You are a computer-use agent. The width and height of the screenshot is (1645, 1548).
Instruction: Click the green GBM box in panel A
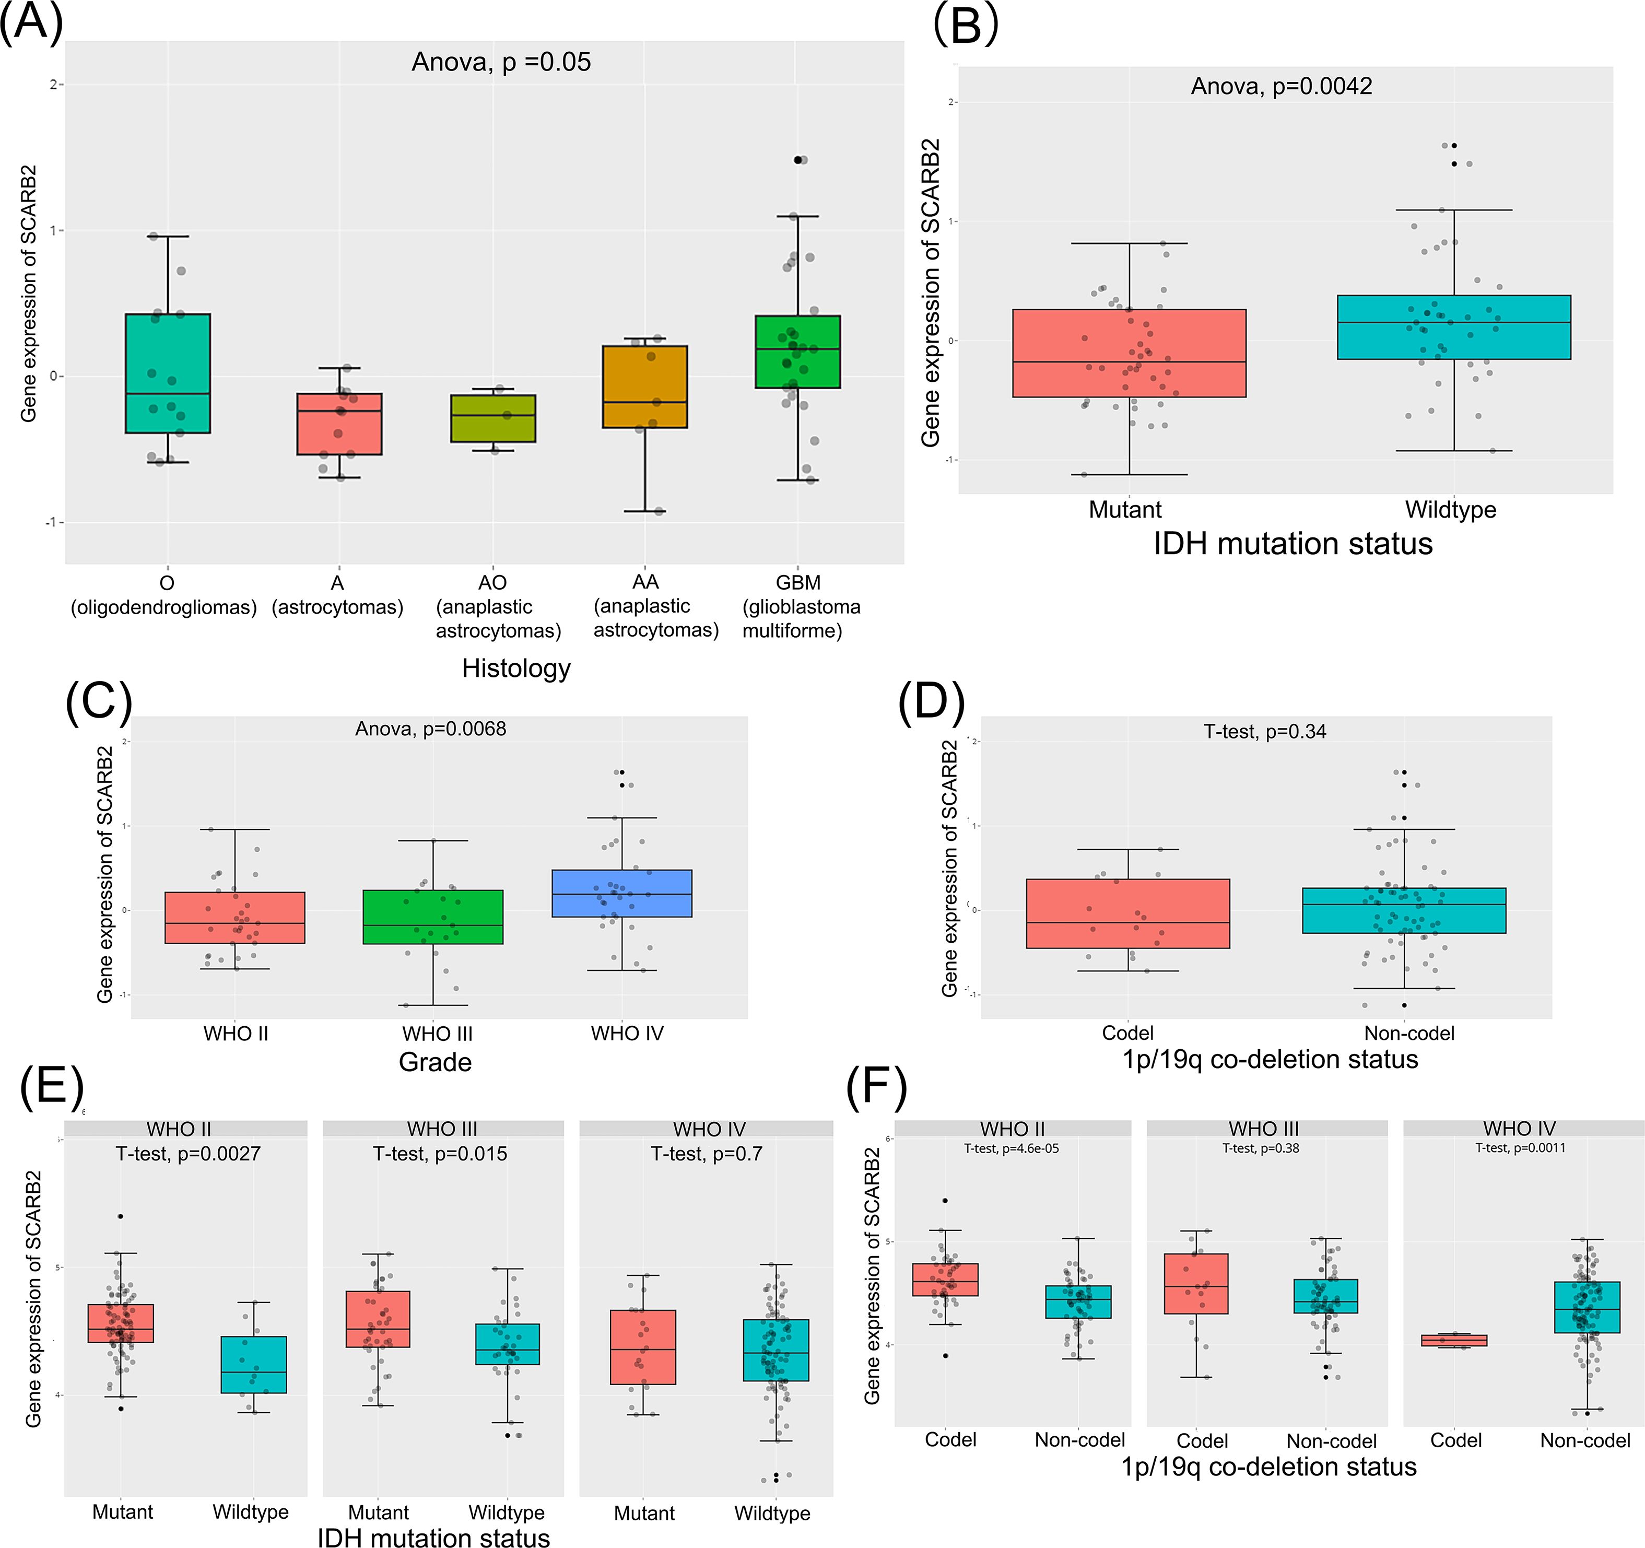coord(797,351)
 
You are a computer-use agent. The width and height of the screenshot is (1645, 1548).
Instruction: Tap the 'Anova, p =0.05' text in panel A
coord(501,62)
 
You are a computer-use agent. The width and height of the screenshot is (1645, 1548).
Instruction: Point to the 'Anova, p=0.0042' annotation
coord(1281,86)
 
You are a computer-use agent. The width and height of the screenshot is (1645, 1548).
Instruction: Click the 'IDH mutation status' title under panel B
coord(1292,544)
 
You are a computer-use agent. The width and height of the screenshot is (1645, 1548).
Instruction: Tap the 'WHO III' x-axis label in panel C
coord(437,1034)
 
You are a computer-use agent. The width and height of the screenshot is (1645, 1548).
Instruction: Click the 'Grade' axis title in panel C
coord(435,1062)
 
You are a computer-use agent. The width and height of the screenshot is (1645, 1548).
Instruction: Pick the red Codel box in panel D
coord(1128,913)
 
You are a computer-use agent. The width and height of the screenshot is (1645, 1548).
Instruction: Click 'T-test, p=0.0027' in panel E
coord(188,1153)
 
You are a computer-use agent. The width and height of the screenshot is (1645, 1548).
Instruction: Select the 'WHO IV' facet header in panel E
coord(709,1129)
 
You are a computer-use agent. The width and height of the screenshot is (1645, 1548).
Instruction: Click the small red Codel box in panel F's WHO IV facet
coord(1454,1340)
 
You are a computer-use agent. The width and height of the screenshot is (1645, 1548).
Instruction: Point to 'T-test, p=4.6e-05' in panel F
coord(1011,1148)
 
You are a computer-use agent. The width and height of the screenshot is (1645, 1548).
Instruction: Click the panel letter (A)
coord(31,23)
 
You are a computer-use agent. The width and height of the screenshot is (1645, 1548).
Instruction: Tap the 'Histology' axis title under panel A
coord(516,667)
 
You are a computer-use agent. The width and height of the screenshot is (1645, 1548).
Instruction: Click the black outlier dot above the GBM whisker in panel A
coord(797,160)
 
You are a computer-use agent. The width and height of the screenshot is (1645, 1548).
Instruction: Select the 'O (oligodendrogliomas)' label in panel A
coord(164,595)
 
